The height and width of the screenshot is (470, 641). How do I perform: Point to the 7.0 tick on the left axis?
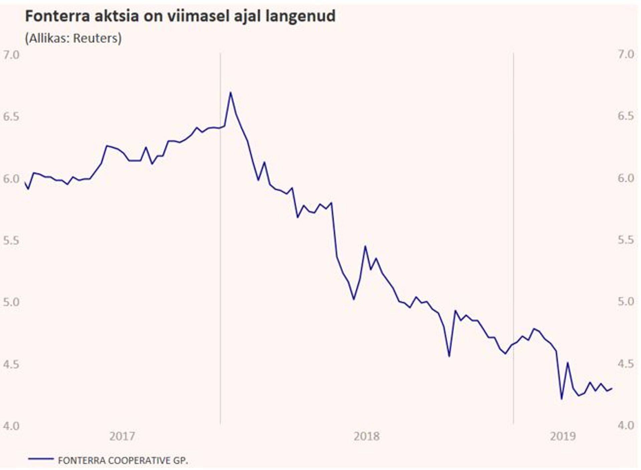11,55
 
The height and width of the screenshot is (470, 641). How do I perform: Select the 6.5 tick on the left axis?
11,117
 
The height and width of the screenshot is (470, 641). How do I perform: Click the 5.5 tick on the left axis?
11,240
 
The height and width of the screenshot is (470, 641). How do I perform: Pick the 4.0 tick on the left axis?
11,426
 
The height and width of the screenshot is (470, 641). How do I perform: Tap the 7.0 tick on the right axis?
626,54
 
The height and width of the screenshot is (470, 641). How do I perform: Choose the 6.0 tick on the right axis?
626,178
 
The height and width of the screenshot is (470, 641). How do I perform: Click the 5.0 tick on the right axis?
626,302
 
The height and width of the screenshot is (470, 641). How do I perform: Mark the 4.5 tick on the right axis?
626,364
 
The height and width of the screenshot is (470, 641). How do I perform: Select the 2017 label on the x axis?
122,436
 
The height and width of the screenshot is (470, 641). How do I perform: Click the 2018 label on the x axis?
367,436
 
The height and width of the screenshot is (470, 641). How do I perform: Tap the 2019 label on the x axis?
563,436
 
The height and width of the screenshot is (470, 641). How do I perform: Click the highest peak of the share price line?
230,93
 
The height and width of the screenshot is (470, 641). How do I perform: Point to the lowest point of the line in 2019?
562,399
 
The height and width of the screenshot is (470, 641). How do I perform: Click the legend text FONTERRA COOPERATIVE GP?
123,460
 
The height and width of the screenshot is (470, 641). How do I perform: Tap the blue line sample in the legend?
41,459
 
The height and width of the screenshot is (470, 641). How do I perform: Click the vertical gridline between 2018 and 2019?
513,234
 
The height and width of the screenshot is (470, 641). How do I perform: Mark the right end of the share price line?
611,388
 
